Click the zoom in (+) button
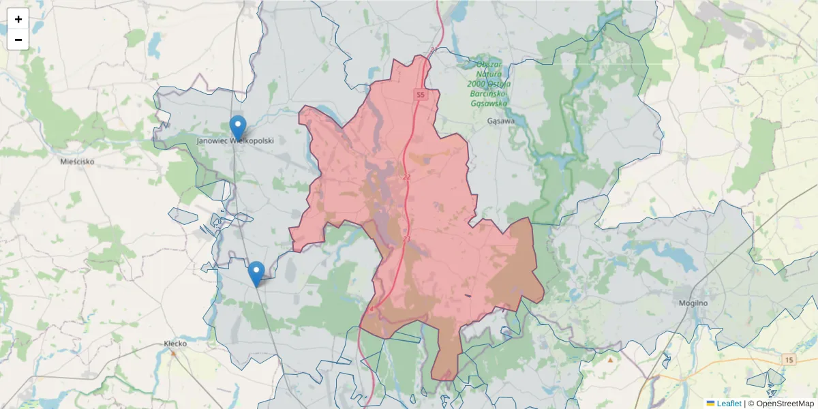coord(18,19)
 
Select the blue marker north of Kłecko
coord(256,274)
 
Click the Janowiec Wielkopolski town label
coord(234,140)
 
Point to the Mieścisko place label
coord(77,162)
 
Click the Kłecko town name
coord(175,344)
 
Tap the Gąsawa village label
coord(502,121)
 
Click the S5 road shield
coord(420,95)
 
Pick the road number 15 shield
coord(789,359)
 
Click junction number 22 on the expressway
coord(407,177)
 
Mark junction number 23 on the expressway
coord(406,239)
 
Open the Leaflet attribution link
coord(729,404)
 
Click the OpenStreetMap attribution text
coord(785,404)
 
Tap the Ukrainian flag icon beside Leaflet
coord(710,404)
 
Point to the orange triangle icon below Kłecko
coord(175,354)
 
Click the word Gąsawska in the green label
coord(489,103)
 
